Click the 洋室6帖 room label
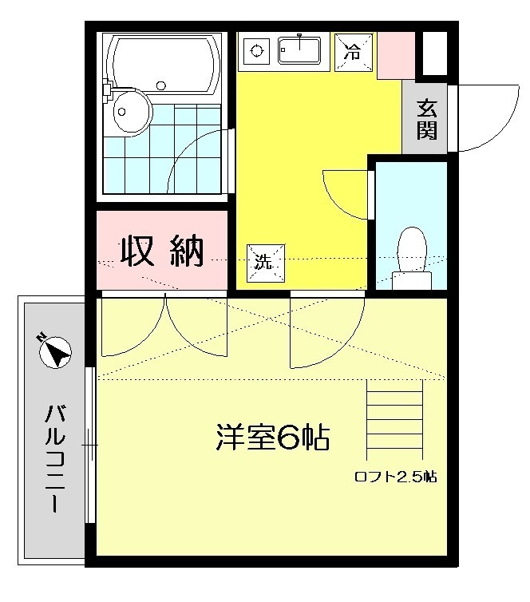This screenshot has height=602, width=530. point(273,437)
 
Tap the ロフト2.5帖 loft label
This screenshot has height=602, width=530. point(396,477)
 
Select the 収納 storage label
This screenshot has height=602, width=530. point(162,251)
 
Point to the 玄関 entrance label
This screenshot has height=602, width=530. point(427,119)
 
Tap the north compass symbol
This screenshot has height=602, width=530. point(55,352)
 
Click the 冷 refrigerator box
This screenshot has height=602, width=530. point(354,52)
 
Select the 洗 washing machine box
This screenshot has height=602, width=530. point(266,263)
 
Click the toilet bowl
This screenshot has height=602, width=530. point(412,258)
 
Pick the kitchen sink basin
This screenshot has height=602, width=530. point(299,50)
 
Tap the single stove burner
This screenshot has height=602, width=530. point(256,50)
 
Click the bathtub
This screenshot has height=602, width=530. point(164,65)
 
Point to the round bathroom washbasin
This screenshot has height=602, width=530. point(131,111)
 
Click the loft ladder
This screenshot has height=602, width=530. point(394,419)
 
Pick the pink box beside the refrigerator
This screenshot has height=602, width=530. point(396,56)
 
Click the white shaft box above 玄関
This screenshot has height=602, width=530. point(435,53)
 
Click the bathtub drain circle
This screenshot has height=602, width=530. point(161,86)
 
